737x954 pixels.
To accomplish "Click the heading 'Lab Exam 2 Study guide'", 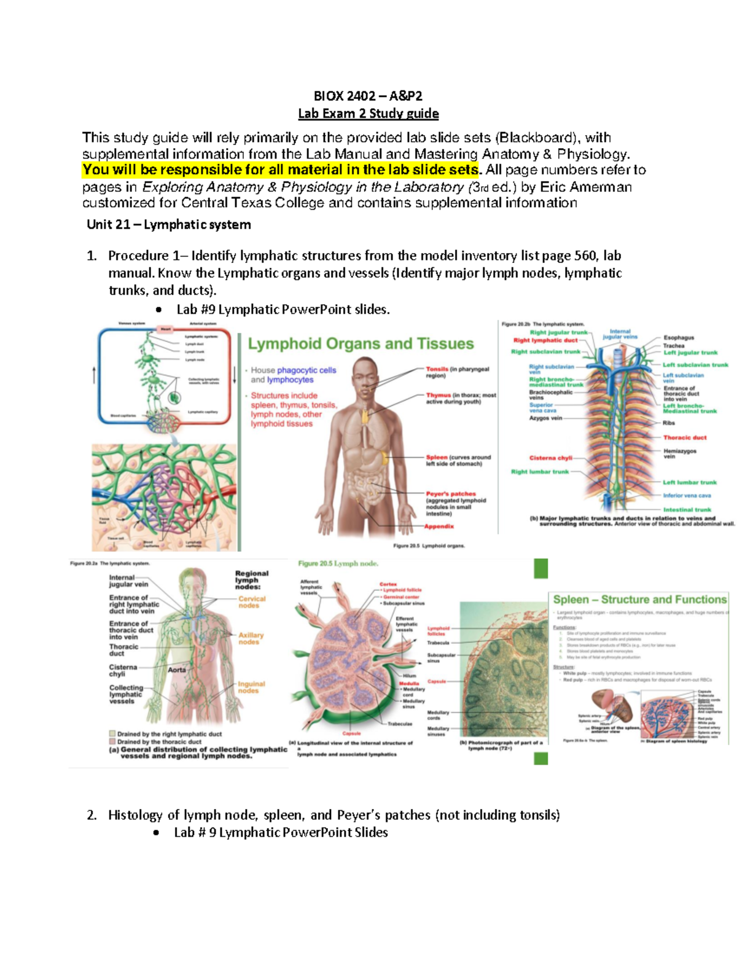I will click(368, 114).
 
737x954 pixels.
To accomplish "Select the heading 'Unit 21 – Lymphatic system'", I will click(169, 225).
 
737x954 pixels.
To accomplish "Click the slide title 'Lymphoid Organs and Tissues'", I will click(361, 344).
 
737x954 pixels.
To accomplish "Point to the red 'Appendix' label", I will click(439, 526).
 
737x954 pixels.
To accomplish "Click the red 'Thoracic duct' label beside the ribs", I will click(685, 438).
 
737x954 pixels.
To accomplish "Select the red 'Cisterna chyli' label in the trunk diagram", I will click(550, 458).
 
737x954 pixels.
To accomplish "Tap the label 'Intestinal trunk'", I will click(687, 510).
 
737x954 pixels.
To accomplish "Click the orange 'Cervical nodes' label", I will click(252, 602).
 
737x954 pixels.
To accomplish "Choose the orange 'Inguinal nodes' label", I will click(251, 687).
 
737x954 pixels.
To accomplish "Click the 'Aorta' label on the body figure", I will click(177, 670).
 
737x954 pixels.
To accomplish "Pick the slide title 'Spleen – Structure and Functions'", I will click(639, 600).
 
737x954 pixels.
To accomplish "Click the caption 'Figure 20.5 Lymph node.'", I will click(338, 563).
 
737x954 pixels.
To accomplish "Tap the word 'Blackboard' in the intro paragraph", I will click(536, 138).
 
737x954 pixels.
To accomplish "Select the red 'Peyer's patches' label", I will click(451, 494).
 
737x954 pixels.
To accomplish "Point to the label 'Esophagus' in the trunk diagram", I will click(679, 338).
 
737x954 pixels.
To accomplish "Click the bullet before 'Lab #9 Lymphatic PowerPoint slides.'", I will click(159, 310).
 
